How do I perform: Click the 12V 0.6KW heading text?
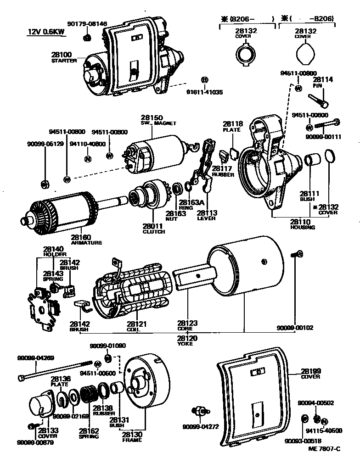(x=45, y=33)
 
